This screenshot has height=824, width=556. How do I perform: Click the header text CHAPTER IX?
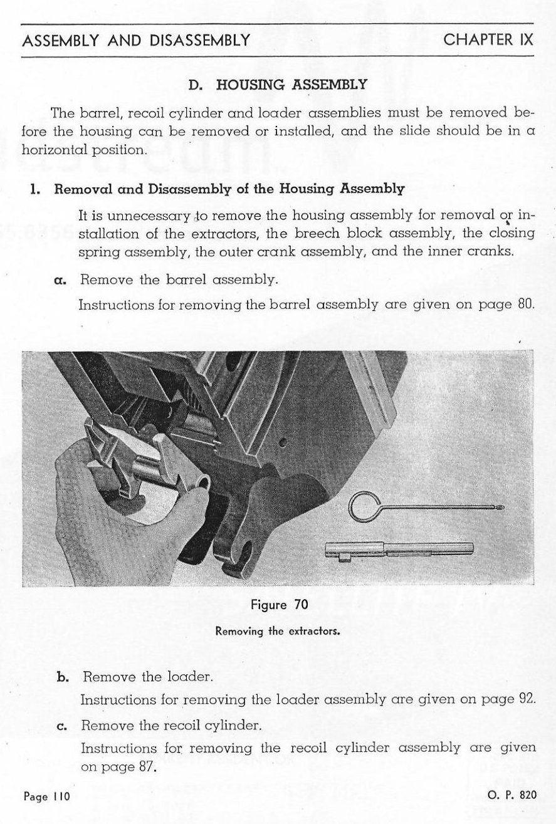[x=488, y=39]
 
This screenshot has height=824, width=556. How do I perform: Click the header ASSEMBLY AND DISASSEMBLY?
[x=136, y=41]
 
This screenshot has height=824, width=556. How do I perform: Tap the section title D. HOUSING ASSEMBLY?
[x=278, y=84]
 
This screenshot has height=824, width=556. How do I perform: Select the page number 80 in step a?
[x=526, y=305]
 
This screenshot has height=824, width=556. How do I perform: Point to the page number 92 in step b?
[x=527, y=699]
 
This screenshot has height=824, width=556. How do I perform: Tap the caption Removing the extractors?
[x=278, y=631]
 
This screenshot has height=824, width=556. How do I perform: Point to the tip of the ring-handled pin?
[x=500, y=503]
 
